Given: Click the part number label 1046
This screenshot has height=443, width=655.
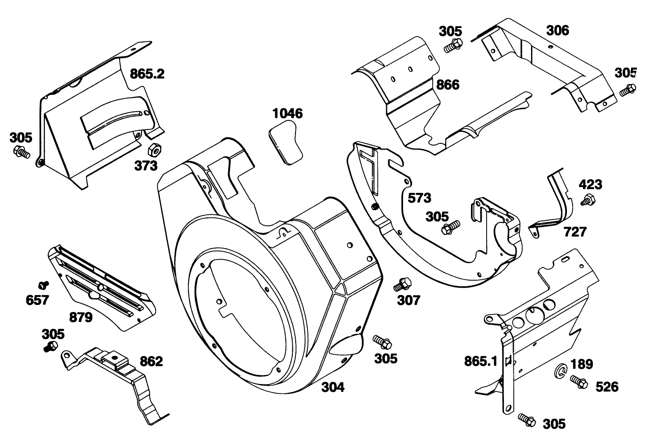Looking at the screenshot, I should click(287, 113).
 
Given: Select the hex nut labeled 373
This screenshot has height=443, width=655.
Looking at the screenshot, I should click(154, 150).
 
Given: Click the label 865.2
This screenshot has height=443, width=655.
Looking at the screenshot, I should click(147, 74).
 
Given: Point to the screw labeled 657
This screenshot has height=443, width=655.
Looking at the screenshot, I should click(43, 284).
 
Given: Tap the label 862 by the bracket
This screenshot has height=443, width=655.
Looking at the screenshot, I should click(151, 361).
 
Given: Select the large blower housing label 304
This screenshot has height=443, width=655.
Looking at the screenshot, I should click(332, 387).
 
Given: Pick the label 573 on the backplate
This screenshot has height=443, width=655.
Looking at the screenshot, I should click(419, 198).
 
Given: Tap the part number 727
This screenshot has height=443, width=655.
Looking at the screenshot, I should click(575, 232).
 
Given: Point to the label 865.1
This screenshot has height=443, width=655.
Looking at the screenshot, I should click(481, 361).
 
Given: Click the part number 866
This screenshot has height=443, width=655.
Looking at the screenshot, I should click(448, 85).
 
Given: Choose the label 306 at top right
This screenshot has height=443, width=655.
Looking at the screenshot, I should click(557, 30).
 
